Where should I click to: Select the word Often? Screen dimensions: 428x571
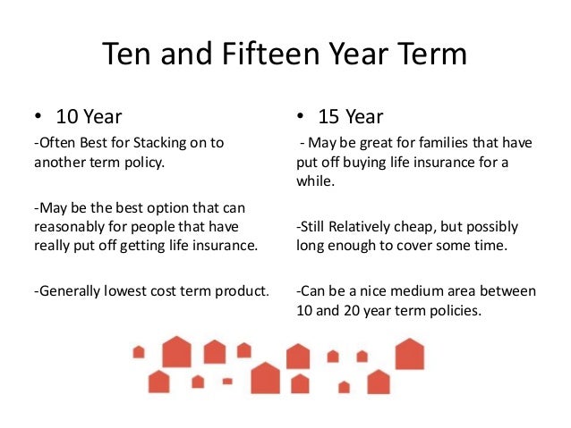[x=56, y=143]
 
